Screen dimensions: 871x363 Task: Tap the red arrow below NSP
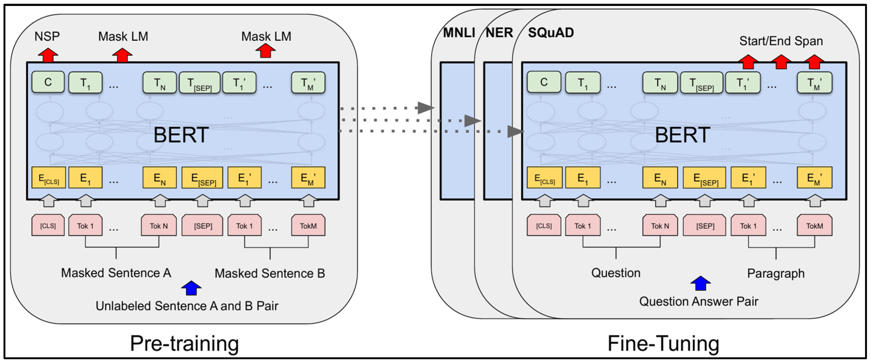coord(48,55)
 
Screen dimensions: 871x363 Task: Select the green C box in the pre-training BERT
coord(48,82)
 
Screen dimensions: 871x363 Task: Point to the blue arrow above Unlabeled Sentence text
coord(191,288)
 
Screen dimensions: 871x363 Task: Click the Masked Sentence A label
coord(116,273)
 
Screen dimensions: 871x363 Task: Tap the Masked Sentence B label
coord(270,273)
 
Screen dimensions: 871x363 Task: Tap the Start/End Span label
coord(781,41)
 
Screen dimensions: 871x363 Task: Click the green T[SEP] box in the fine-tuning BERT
coord(702,82)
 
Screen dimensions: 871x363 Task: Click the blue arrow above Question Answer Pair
coord(701,283)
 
